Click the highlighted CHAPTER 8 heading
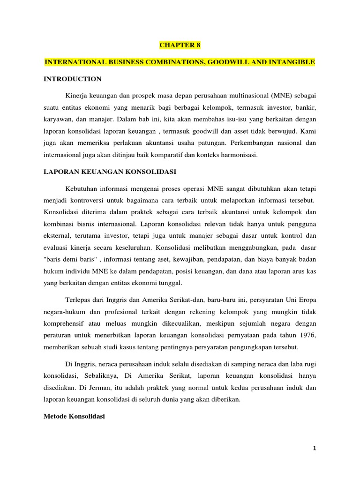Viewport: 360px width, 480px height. [x=180, y=45]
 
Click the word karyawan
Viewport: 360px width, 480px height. [x=56, y=120]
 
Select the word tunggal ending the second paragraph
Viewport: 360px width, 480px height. [x=173, y=283]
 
